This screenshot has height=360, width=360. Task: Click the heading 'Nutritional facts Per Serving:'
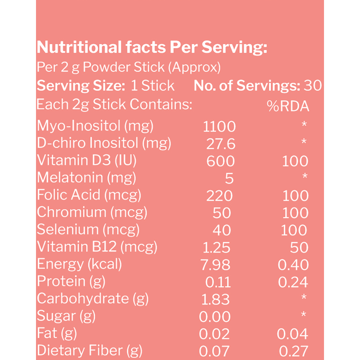pyautogui.click(x=152, y=47)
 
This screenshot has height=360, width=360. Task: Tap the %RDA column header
pyautogui.click(x=288, y=106)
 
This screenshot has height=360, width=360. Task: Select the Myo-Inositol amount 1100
pyautogui.click(x=219, y=126)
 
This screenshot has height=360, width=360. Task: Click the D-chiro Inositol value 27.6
pyautogui.click(x=221, y=144)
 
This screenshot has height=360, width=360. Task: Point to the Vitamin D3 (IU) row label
pyautogui.click(x=86, y=160)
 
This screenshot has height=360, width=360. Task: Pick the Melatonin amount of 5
pyautogui.click(x=229, y=179)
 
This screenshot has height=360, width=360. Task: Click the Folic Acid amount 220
pyautogui.click(x=220, y=195)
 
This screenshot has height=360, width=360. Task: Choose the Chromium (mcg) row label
pyautogui.click(x=92, y=212)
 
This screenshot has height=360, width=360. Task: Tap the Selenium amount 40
pyautogui.click(x=221, y=230)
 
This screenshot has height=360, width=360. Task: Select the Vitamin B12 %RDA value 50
pyautogui.click(x=299, y=248)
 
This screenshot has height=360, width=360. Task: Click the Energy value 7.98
pyautogui.click(x=215, y=265)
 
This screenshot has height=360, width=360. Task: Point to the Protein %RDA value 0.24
pyautogui.click(x=293, y=282)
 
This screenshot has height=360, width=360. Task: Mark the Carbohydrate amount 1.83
pyautogui.click(x=215, y=300)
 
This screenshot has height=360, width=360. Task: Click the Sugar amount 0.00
pyautogui.click(x=215, y=316)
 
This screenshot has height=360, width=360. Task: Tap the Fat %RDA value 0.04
pyautogui.click(x=292, y=334)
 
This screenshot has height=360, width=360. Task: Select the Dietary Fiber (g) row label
pyautogui.click(x=90, y=351)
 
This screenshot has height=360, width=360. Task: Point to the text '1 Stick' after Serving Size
pyautogui.click(x=153, y=86)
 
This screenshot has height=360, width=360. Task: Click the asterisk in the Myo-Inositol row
pyautogui.click(x=304, y=124)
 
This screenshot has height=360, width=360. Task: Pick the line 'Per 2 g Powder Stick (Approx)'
pyautogui.click(x=129, y=67)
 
